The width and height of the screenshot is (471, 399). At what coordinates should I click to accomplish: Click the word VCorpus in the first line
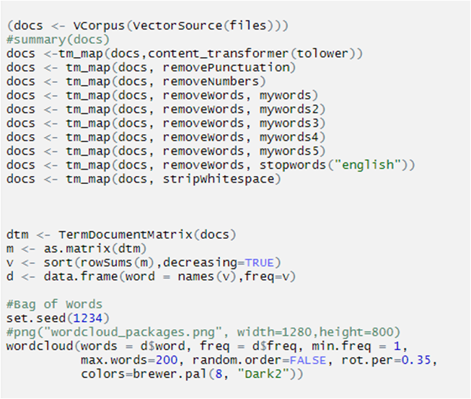click(99, 26)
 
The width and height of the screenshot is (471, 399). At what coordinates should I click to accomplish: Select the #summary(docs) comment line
click(58, 40)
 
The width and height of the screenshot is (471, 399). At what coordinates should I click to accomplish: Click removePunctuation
click(226, 68)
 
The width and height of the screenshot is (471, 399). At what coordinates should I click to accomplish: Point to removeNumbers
click(211, 82)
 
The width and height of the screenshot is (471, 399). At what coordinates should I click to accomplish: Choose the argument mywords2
click(289, 110)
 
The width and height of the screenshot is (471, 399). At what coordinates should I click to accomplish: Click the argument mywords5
click(289, 151)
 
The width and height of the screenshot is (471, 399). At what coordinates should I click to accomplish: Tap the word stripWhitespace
click(219, 179)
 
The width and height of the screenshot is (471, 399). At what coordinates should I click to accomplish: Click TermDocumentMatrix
click(126, 234)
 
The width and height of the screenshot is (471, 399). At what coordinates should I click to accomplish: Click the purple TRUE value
click(259, 263)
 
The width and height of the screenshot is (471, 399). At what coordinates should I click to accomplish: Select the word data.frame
click(81, 276)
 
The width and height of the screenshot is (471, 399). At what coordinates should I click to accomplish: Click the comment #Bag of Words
click(54, 304)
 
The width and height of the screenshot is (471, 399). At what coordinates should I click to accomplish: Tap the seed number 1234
click(88, 318)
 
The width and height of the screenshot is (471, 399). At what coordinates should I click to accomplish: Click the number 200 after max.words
click(166, 360)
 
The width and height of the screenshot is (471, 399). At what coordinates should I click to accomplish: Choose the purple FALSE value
click(307, 360)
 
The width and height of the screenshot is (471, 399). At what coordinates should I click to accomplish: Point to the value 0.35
click(416, 360)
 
